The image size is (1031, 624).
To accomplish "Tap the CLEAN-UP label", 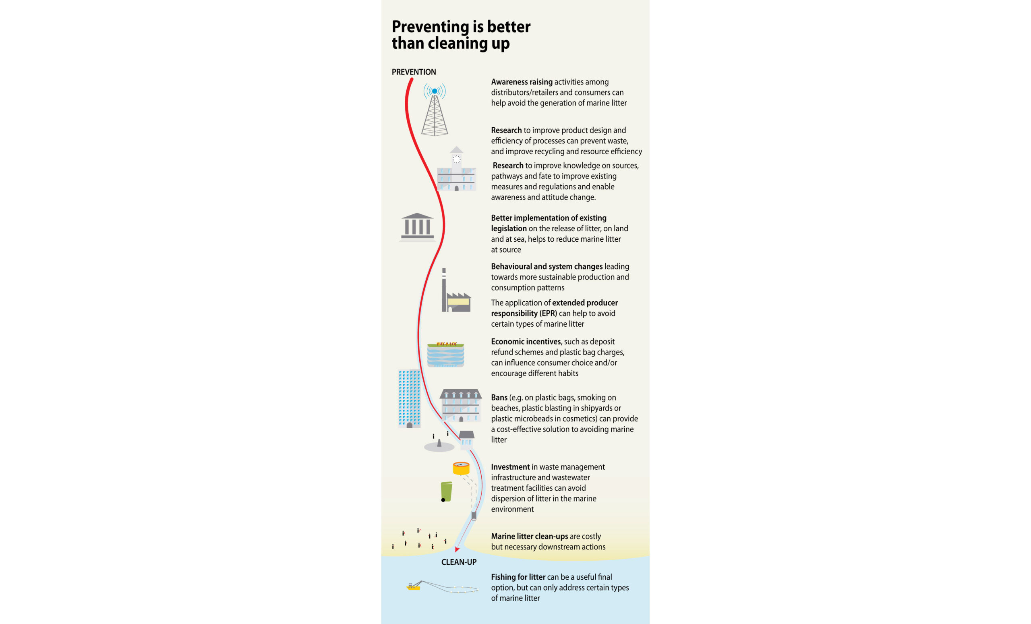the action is tap(459, 562).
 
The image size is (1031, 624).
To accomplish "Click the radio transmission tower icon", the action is tap(434, 110).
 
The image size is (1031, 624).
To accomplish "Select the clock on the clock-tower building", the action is tap(457, 159).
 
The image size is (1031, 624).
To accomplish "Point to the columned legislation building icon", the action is tap(417, 226).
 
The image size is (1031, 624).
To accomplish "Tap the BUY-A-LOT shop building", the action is tap(445, 354).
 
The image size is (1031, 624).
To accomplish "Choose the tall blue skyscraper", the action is tap(409, 399).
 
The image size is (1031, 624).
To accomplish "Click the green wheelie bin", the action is tap(446, 491).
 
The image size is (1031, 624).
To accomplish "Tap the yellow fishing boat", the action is tap(413, 587).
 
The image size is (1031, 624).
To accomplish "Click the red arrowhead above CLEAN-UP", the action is tap(457, 549).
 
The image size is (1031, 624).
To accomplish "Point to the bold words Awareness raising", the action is tap(522, 82).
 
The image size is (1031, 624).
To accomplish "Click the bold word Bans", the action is tap(499, 398).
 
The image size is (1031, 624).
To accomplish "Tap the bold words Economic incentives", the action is tap(526, 342).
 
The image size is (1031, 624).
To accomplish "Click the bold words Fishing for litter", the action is tap(518, 577).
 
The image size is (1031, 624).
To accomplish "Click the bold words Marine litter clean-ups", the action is tap(529, 537).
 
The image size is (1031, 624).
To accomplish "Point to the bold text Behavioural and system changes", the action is tap(547, 267).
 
